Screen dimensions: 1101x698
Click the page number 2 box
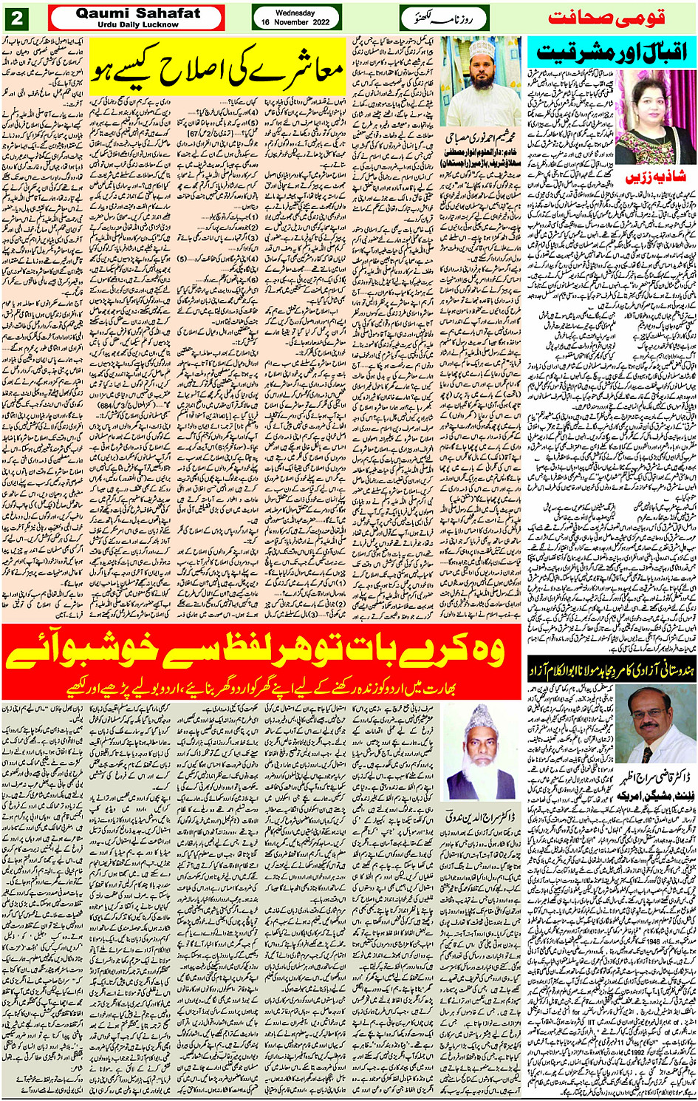tap(17, 17)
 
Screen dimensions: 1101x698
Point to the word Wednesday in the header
tap(295, 13)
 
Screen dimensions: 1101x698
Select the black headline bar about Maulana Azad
tap(611, 670)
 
